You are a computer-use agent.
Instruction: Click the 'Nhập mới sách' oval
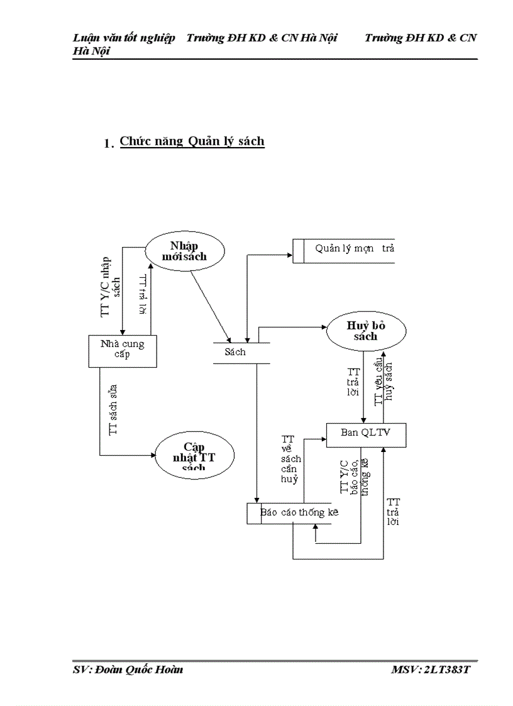coord(184,251)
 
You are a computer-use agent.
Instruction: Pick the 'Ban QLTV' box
coord(365,433)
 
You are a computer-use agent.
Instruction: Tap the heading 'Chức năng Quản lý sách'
coord(192,141)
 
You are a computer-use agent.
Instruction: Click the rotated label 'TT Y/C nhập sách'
coord(111,286)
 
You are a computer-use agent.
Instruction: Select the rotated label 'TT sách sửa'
coord(113,410)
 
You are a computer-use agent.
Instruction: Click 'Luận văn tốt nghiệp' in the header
coord(123,38)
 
